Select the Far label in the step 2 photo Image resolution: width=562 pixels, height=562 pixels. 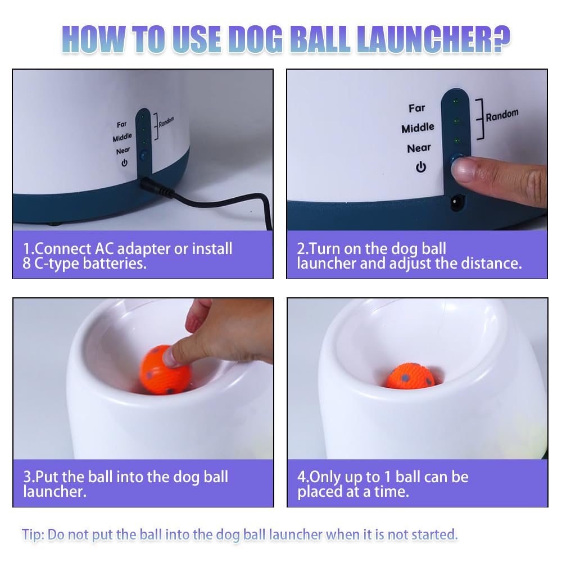point(417,108)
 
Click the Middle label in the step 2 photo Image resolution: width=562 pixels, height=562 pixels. point(418,129)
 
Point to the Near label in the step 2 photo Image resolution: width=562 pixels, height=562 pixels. point(419,148)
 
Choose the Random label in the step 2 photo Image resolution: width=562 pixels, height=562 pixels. point(502,115)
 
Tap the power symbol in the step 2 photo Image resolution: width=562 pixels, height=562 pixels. point(420,167)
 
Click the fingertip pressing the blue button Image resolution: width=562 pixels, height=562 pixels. point(464,170)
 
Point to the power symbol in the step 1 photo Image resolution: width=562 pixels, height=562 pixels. point(124,162)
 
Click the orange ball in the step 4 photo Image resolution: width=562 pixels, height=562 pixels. point(410,376)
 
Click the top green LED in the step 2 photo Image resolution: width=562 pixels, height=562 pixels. point(456,102)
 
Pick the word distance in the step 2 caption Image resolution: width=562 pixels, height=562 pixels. point(491,263)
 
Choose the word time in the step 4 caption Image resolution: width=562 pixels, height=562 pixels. point(389,492)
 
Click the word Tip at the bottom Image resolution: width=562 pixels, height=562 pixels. point(33,534)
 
